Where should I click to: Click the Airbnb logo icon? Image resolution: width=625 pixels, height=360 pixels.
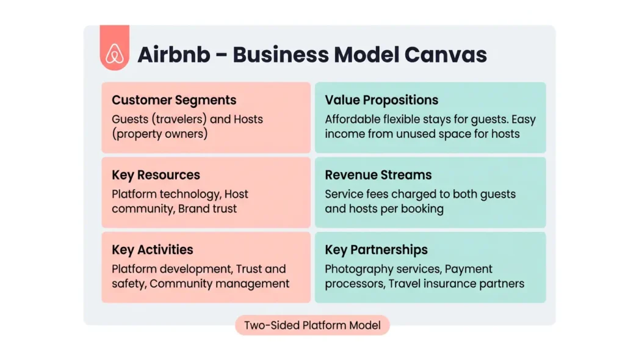[114, 54]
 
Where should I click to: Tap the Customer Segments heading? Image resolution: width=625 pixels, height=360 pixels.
[174, 101]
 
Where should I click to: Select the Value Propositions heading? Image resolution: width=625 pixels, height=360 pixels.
[381, 101]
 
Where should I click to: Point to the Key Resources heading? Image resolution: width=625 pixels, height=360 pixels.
[156, 175]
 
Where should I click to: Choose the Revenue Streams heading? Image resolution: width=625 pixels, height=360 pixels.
[378, 175]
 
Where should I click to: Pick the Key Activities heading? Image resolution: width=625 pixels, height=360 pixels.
[152, 250]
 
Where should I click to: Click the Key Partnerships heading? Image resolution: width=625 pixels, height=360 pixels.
[376, 250]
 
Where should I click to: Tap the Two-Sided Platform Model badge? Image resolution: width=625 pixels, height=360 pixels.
[312, 325]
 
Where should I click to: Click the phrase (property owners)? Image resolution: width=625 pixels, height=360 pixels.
[159, 134]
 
